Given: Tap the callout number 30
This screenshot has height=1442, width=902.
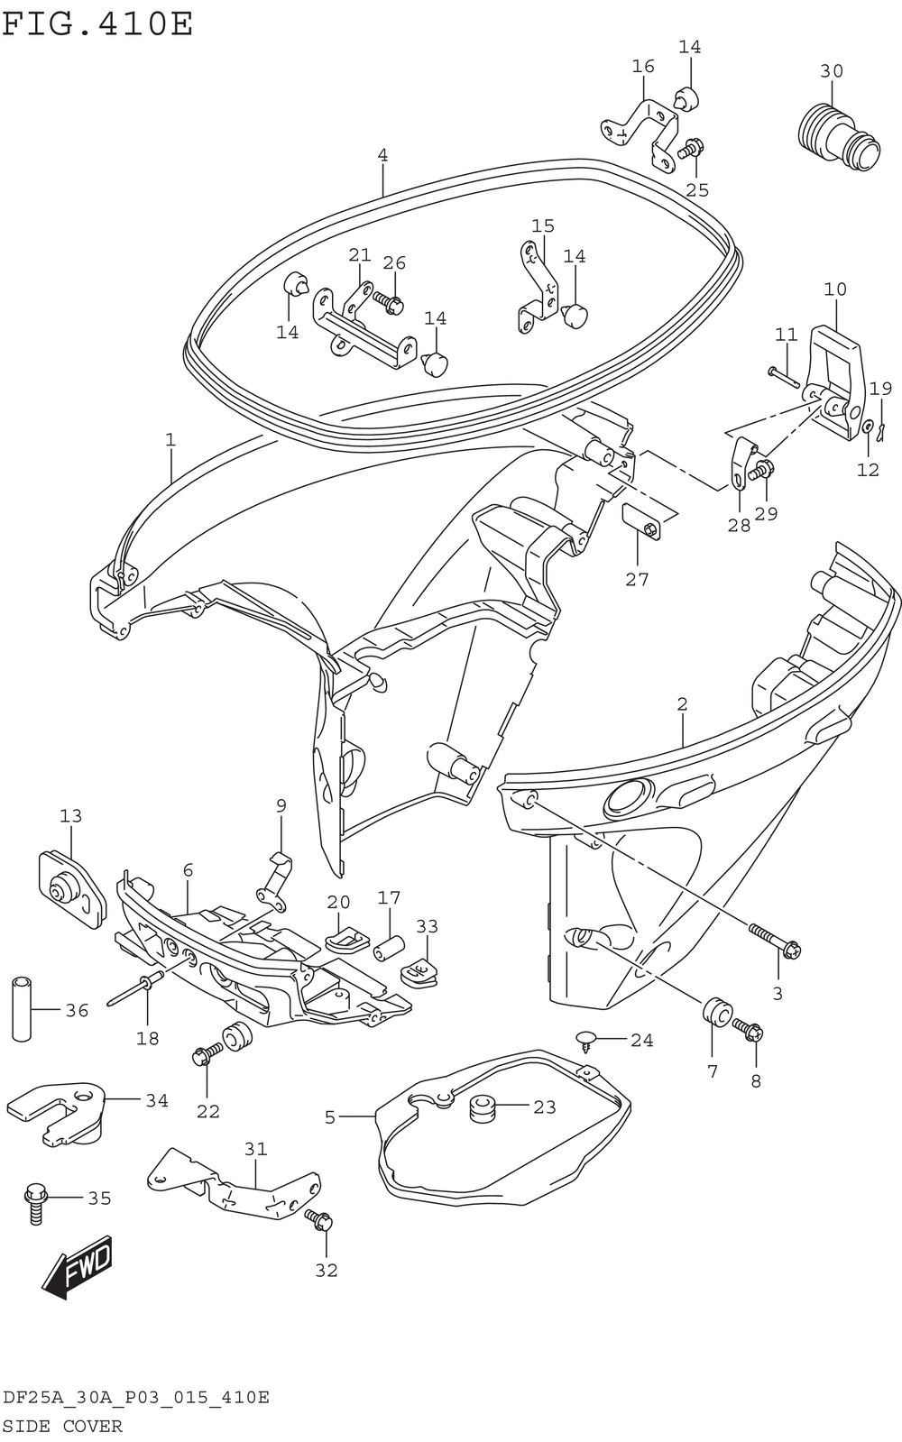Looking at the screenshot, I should point(832,71).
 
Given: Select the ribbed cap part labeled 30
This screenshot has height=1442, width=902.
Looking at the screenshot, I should point(837,137).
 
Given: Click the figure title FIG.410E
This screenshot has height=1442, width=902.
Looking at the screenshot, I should point(97,23).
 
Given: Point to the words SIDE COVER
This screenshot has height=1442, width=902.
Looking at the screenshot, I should point(62,1426).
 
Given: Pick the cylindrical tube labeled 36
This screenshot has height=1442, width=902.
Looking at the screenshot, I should point(23,1007).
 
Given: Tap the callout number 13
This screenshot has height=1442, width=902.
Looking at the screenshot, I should point(70,816).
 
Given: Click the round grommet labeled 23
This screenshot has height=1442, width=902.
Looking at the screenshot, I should point(483,1107).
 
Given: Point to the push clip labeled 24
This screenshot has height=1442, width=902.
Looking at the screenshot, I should point(587,1040).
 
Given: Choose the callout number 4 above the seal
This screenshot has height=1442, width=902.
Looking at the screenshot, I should point(382,155).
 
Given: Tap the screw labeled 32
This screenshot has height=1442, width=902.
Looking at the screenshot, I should point(319,1220).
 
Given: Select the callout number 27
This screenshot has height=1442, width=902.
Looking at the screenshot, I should point(637,579).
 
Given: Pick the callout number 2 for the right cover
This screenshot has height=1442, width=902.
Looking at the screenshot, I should point(682,704).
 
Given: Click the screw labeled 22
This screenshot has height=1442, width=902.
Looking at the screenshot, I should point(207,1053).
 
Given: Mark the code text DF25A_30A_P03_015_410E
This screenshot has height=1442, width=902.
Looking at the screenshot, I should point(135,1399).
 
